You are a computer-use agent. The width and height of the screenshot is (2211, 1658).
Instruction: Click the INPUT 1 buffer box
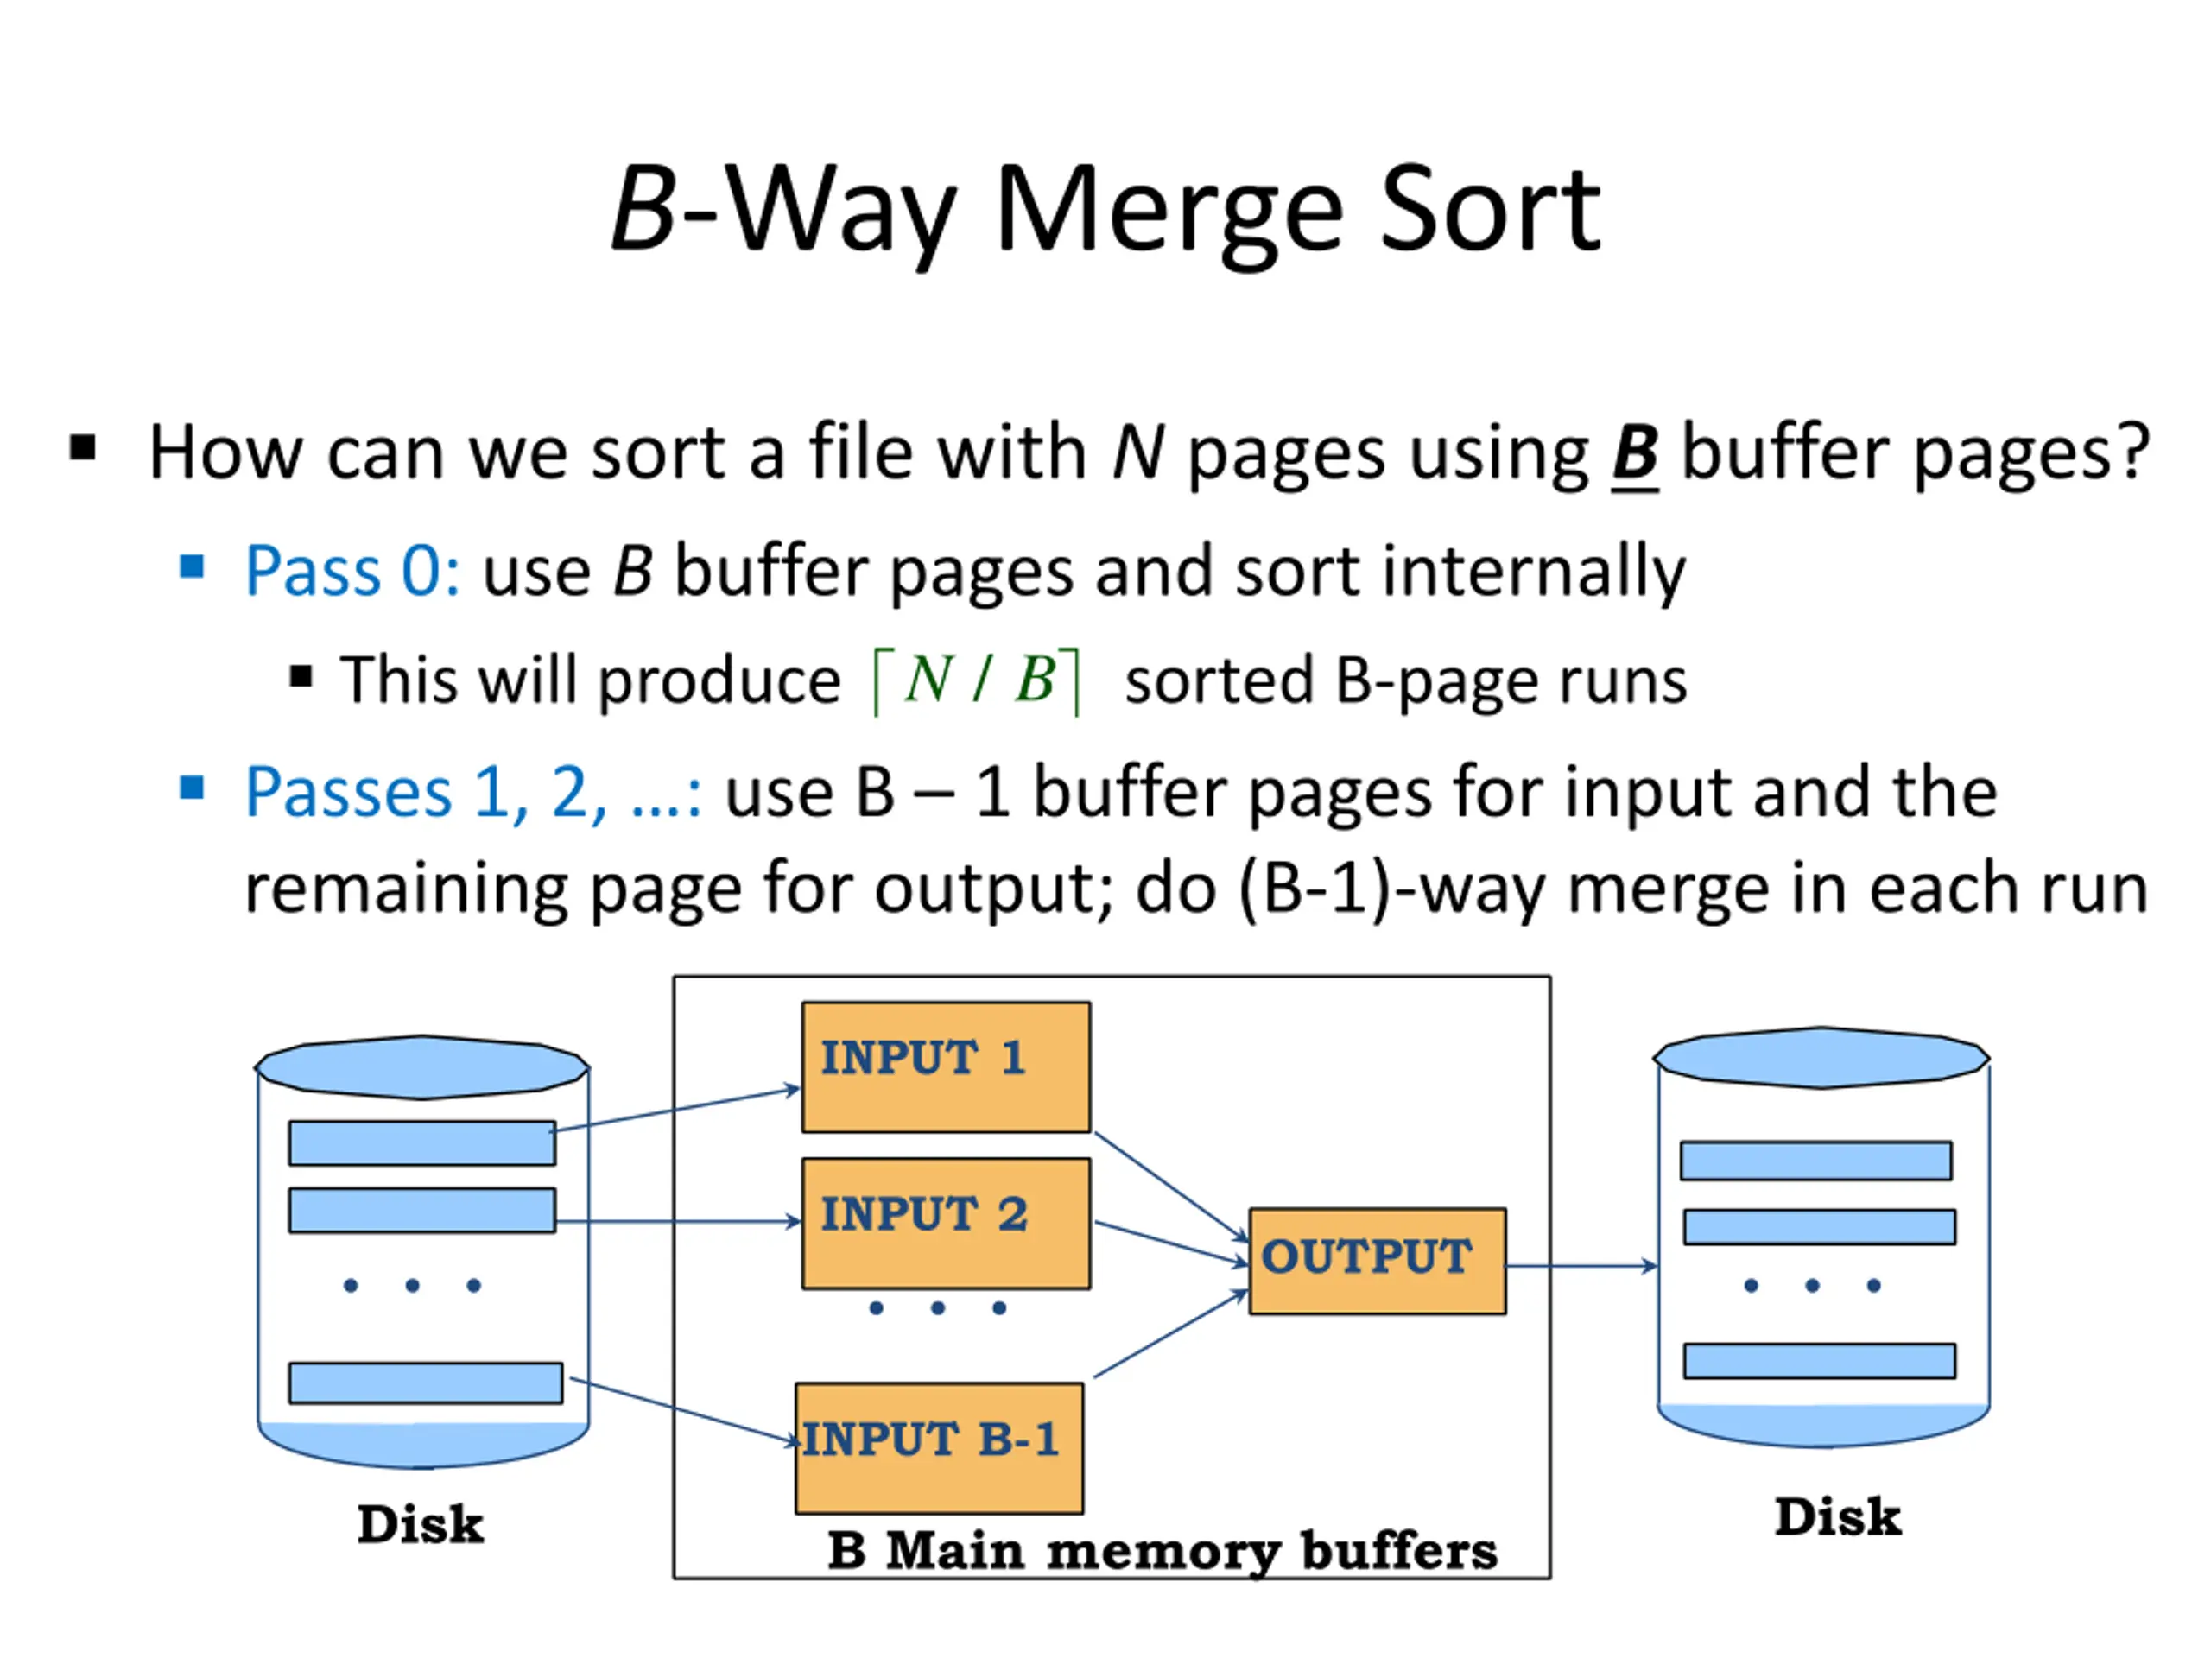(x=946, y=1067)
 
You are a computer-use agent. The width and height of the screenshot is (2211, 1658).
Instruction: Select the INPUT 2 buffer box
(x=946, y=1224)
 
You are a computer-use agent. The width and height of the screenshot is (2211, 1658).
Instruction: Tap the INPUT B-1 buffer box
(x=939, y=1448)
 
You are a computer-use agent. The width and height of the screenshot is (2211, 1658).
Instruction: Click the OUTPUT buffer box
(x=1378, y=1262)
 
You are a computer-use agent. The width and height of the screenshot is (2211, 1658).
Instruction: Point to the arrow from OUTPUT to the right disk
(x=1581, y=1266)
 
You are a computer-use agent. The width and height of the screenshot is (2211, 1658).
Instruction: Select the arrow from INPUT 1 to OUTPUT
(x=1171, y=1188)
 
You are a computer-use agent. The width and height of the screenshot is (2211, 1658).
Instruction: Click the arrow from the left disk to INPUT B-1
(x=686, y=1411)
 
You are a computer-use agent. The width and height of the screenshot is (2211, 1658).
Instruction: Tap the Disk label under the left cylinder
(x=421, y=1524)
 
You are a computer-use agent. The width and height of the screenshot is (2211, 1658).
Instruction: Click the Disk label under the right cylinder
(x=1837, y=1516)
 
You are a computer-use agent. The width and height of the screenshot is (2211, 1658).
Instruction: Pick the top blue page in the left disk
(x=421, y=1142)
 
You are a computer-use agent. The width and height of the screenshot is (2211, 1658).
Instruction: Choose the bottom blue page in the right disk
(x=1819, y=1361)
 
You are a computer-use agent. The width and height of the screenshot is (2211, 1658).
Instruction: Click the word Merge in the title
(x=1169, y=212)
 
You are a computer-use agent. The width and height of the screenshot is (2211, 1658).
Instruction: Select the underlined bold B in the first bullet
(x=1635, y=455)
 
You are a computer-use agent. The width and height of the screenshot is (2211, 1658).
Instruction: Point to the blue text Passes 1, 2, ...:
(x=472, y=793)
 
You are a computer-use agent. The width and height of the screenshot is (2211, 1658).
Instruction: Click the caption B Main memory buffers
(x=1163, y=1552)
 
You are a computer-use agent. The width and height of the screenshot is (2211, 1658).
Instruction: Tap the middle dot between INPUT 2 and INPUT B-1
(x=938, y=1308)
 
